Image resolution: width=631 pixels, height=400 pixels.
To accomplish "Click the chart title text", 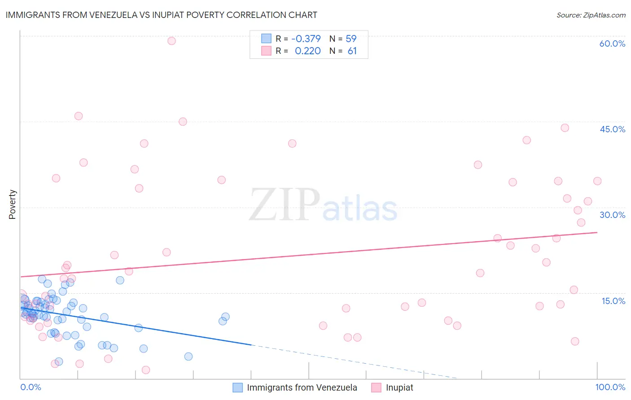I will tap(161, 15).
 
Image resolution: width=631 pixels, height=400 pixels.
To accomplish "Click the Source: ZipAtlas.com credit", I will tap(591, 15).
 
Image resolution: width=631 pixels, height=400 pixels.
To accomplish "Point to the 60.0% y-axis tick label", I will tap(612, 43).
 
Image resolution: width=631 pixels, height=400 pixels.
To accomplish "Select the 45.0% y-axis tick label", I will tap(612, 129).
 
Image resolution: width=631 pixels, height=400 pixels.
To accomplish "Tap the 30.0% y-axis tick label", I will tap(612, 215).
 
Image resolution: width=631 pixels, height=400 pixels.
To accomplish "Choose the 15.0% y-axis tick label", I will tap(613, 301).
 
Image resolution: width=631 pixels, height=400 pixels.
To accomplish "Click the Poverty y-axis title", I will tap(12, 204).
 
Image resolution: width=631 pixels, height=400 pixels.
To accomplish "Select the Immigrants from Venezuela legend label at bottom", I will tap(302, 388).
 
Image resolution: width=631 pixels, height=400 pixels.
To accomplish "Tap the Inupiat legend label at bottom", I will tap(399, 388).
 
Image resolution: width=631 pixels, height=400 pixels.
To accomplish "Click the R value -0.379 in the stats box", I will tap(306, 39).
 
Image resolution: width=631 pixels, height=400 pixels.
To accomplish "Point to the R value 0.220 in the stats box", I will tap(307, 51).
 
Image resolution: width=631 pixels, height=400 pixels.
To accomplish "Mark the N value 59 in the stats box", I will tap(351, 39).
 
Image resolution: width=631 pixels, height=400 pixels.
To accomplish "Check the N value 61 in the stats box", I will tap(352, 51).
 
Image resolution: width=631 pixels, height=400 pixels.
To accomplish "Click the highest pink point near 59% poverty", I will tap(171, 41).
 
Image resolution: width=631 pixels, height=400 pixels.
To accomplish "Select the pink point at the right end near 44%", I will tap(565, 128).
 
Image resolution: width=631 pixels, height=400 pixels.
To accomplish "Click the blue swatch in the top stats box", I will tap(267, 39).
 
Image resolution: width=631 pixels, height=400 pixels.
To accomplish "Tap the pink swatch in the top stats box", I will tap(267, 51).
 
